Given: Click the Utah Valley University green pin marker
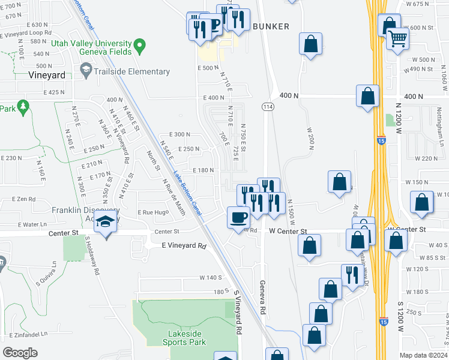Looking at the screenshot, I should pyautogui.click(x=139, y=45).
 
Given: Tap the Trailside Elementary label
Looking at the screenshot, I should pyautogui.click(x=124, y=72).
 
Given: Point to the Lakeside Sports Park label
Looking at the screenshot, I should pyautogui.click(x=184, y=338).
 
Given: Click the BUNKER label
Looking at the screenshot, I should pyautogui.click(x=271, y=26).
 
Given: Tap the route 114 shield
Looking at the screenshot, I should pyautogui.click(x=265, y=106).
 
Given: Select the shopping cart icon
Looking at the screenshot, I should pyautogui.click(x=397, y=39).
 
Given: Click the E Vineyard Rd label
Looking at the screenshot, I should pyautogui.click(x=184, y=245).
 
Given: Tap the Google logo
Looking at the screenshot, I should pyautogui.click(x=20, y=352).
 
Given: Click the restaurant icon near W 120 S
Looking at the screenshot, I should pyautogui.click(x=351, y=274).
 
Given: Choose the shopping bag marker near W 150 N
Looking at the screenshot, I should pyautogui.click(x=339, y=182).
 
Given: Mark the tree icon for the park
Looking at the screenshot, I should pyautogui.click(x=23, y=107).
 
